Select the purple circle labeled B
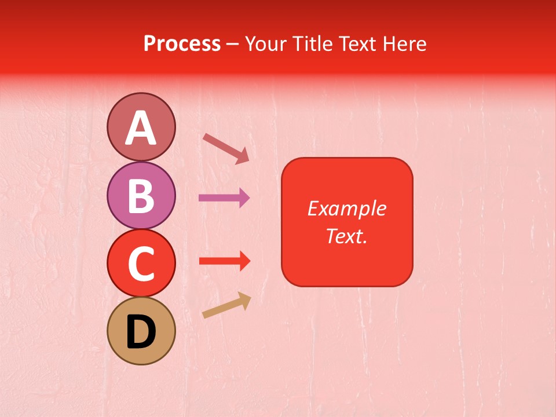coord(141,195)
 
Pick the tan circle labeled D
coord(141,331)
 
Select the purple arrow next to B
coord(224,198)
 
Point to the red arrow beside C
coord(224,261)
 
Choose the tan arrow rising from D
coord(226,306)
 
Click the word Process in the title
coord(182,44)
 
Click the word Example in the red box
coord(346,209)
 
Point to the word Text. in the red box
coord(346,236)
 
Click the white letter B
coord(141,196)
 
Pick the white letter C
coord(141,264)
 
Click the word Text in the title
coord(358,44)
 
